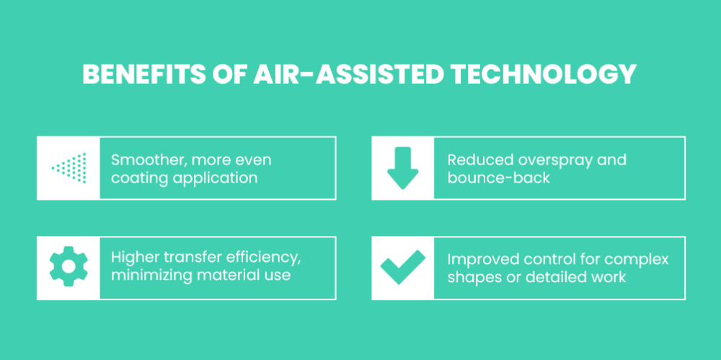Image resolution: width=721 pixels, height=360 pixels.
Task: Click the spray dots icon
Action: [69, 168]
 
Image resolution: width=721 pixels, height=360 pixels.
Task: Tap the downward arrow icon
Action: [403, 168]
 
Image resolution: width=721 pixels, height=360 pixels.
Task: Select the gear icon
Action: [68, 266]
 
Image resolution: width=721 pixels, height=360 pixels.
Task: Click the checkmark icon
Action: [403, 267]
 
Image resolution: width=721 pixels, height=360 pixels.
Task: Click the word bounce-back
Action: [499, 177]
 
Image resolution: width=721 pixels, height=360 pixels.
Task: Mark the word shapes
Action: [468, 277]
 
